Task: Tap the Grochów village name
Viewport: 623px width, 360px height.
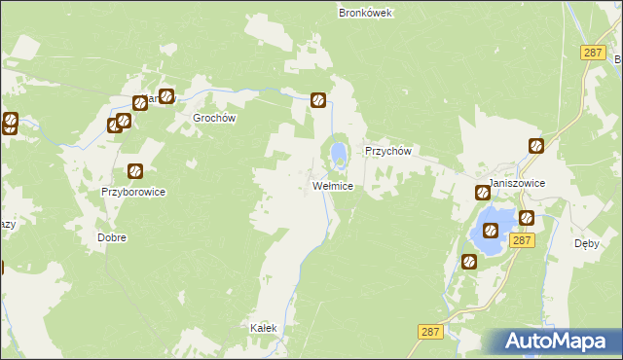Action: (x=214, y=118)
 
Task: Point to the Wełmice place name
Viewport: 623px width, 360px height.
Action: (x=332, y=185)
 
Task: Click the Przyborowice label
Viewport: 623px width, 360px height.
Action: (x=133, y=193)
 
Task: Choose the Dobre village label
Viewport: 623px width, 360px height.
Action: (x=112, y=237)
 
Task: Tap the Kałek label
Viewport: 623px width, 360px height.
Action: (x=264, y=329)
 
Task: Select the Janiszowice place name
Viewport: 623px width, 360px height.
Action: (x=517, y=183)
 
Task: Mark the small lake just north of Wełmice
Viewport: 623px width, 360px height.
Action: (x=338, y=153)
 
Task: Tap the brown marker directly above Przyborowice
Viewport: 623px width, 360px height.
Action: (x=135, y=171)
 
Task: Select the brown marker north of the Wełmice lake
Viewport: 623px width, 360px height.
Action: (x=318, y=99)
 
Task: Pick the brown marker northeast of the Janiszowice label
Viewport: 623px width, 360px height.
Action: (x=536, y=146)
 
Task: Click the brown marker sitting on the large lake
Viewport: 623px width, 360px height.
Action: (x=492, y=231)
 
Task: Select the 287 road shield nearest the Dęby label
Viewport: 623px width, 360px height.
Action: (x=522, y=239)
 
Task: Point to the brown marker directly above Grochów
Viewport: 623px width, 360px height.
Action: (x=166, y=96)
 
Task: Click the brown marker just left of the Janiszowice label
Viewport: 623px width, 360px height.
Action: (x=482, y=193)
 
